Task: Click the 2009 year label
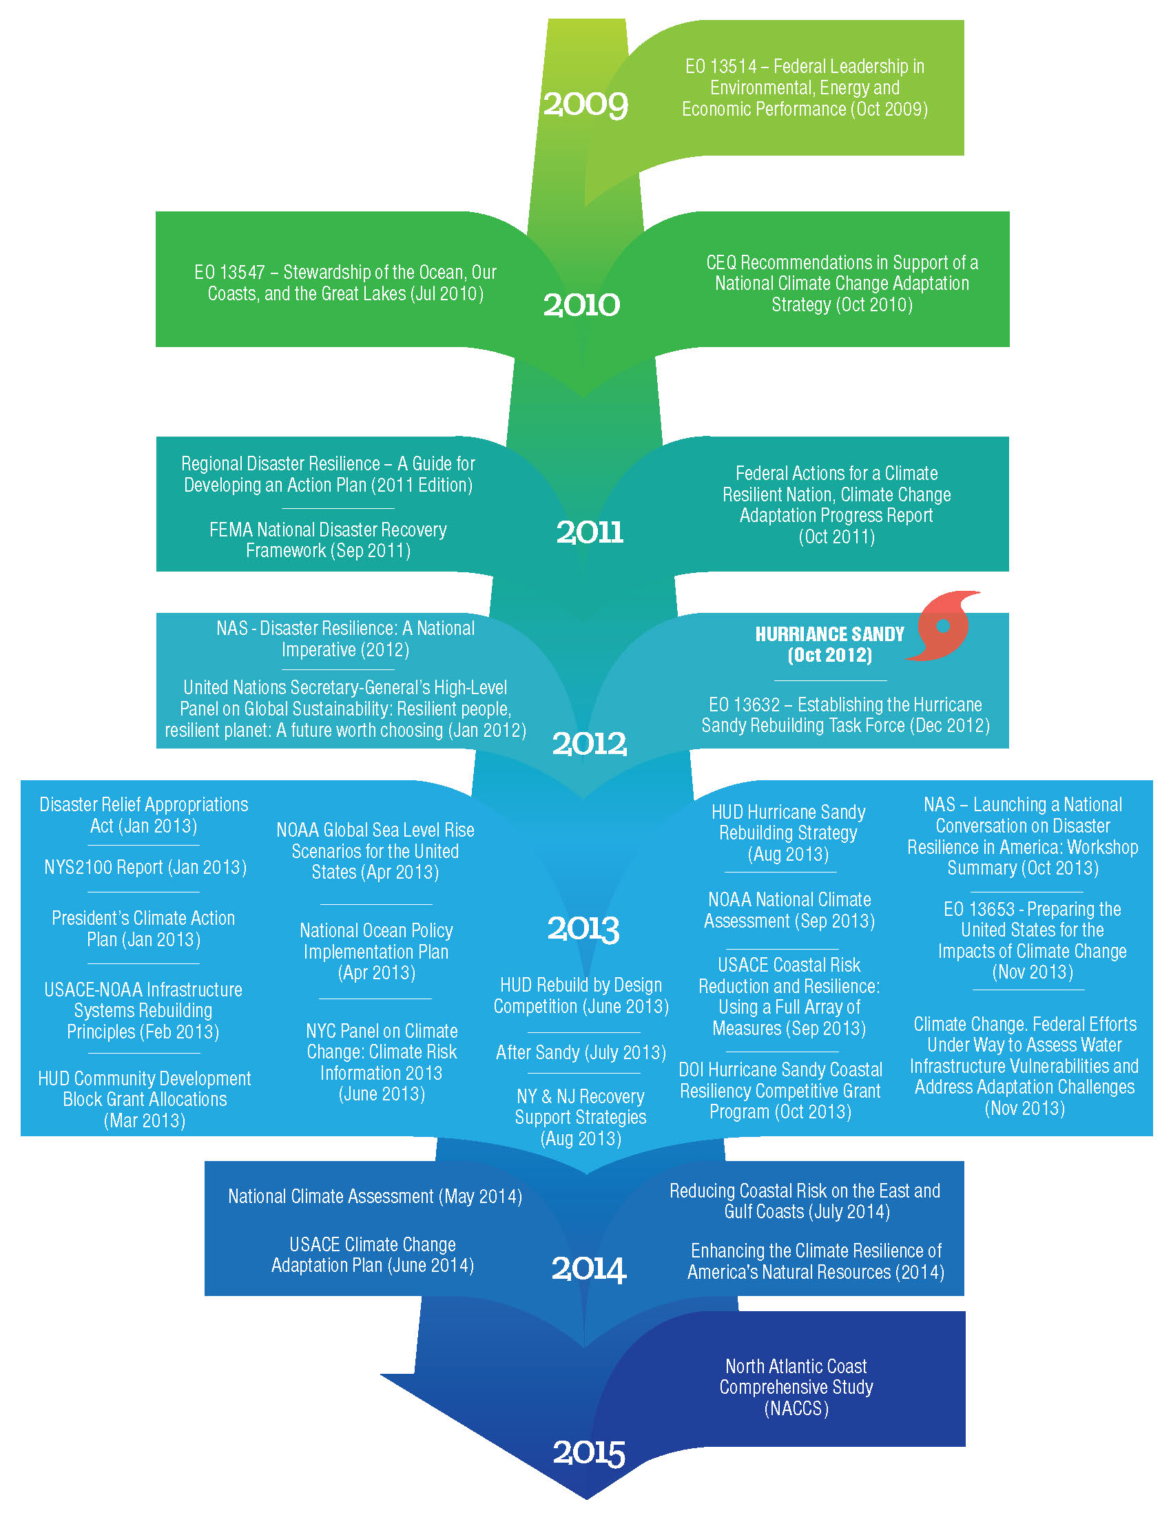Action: click(585, 105)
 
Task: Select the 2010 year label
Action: click(581, 305)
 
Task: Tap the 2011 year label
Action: click(590, 532)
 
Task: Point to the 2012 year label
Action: click(589, 744)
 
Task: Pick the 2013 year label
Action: click(583, 929)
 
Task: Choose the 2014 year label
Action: click(588, 1268)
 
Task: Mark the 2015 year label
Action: click(588, 1452)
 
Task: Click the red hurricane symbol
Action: click(944, 626)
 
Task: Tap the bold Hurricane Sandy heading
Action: click(830, 645)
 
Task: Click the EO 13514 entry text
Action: click(805, 87)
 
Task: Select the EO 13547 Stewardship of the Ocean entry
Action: click(346, 283)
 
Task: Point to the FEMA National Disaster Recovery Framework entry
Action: click(328, 541)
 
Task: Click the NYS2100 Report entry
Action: click(145, 868)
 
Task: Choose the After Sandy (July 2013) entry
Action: click(581, 1052)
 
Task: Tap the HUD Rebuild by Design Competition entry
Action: click(581, 996)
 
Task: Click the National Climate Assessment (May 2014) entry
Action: click(375, 1197)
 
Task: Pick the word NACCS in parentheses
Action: click(796, 1409)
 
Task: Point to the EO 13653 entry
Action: click(1033, 940)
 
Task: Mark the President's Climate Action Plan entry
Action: click(143, 929)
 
